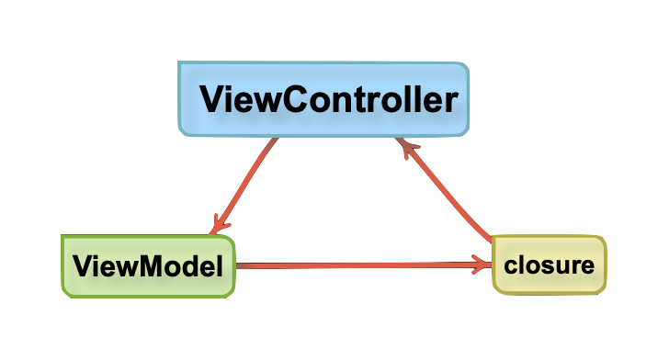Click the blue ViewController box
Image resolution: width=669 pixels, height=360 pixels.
pyautogui.click(x=323, y=99)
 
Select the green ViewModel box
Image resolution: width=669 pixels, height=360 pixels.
pyautogui.click(x=148, y=266)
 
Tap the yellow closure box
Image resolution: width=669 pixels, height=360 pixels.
pyautogui.click(x=550, y=264)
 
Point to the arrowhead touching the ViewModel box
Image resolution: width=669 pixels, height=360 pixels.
pyautogui.click(x=220, y=225)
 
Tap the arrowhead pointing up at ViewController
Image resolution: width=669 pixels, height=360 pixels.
pyautogui.click(x=405, y=146)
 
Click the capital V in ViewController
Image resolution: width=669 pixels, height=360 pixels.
pyautogui.click(x=214, y=99)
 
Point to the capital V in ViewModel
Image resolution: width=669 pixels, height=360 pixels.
pyautogui.click(x=82, y=267)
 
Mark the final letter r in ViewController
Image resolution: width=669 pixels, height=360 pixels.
pyautogui.click(x=449, y=99)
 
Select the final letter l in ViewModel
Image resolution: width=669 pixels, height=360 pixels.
pyautogui.click(x=220, y=266)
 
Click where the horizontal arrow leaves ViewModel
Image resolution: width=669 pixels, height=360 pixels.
pyautogui.click(x=239, y=266)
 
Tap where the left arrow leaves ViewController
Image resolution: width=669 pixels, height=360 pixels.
pyautogui.click(x=274, y=141)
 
